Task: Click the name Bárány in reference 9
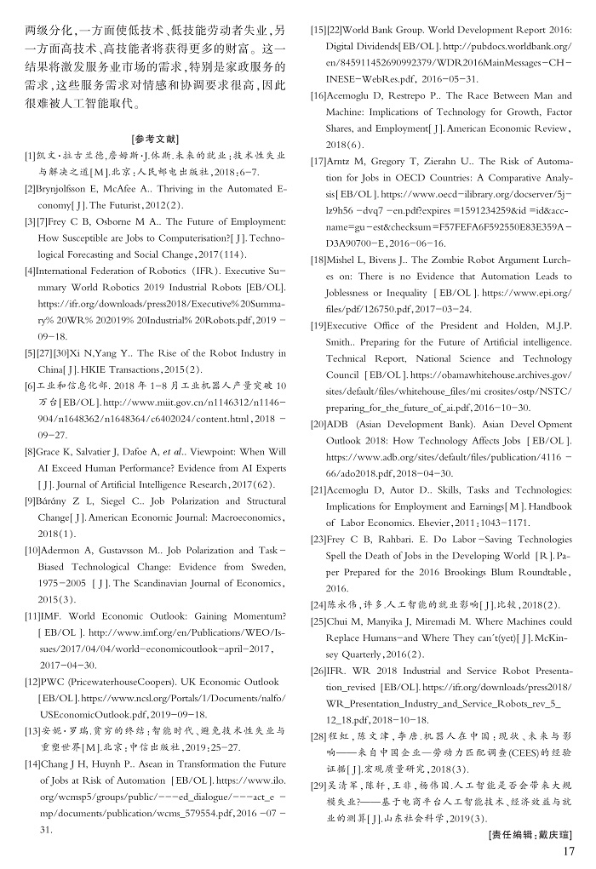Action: point(54,501)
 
